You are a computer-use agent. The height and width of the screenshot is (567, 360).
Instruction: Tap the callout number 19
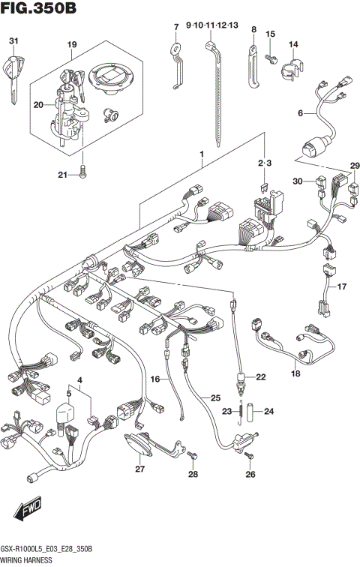coord(71,45)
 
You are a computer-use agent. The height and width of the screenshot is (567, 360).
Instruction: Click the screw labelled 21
coord(82,174)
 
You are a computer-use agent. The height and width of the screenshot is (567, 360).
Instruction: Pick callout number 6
coord(300,114)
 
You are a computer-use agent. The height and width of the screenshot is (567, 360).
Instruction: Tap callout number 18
coord(295,372)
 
